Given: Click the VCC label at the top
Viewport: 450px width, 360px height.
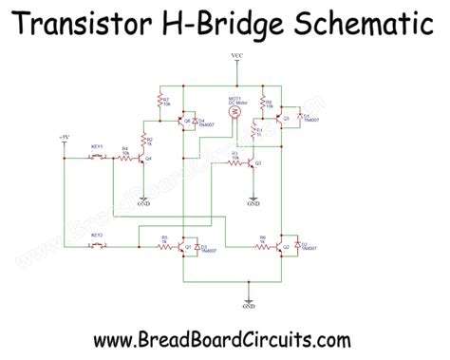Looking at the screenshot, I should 236,59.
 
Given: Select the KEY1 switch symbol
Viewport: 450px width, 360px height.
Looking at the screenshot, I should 98,158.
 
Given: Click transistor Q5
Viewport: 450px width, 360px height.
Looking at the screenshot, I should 282,120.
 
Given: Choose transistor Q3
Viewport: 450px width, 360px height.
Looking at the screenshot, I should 252,163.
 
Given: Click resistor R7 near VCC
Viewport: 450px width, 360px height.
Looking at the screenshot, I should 159,100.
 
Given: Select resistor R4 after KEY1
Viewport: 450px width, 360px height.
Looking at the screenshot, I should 124,158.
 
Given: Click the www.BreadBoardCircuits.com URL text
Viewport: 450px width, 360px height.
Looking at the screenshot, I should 224,338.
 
